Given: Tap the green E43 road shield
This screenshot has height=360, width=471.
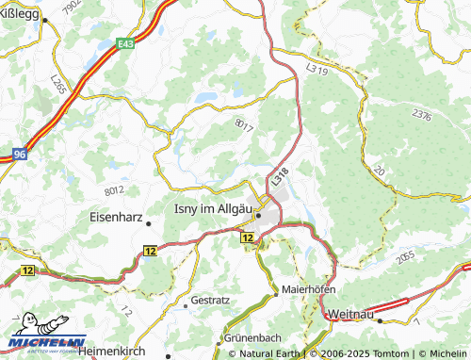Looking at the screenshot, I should (125, 42).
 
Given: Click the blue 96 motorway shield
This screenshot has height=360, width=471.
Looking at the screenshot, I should (20, 152).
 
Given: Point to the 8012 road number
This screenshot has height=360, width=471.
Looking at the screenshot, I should (115, 190).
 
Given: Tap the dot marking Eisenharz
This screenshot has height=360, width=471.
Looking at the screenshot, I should (148, 223).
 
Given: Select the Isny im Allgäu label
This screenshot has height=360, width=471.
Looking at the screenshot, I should (216, 209).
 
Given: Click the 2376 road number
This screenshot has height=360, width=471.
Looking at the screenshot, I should (421, 117).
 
